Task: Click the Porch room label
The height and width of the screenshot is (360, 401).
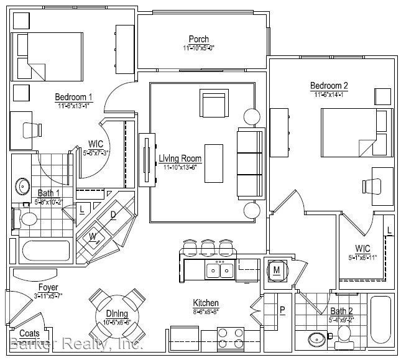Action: pos(199,40)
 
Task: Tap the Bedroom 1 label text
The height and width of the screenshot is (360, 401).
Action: pos(73,97)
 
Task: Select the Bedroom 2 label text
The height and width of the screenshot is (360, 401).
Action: pos(330,86)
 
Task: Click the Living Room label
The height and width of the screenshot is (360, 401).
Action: pos(180,159)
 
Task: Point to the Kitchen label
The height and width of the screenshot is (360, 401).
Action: pos(205,303)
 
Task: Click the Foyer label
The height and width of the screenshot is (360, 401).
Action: pos(48,288)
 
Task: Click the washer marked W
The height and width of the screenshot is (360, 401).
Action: pos(93,236)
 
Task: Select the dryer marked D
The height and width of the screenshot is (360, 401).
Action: pos(113,215)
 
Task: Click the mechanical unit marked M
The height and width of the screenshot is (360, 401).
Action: pos(276,269)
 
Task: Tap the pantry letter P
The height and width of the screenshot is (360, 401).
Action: pos(282,310)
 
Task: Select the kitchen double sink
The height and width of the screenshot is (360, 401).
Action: pos(219,270)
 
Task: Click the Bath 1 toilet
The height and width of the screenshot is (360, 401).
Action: pos(26,219)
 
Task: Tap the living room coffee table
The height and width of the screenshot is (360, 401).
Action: pos(213,161)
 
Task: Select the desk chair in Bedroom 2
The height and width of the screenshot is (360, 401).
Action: pos(373,187)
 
